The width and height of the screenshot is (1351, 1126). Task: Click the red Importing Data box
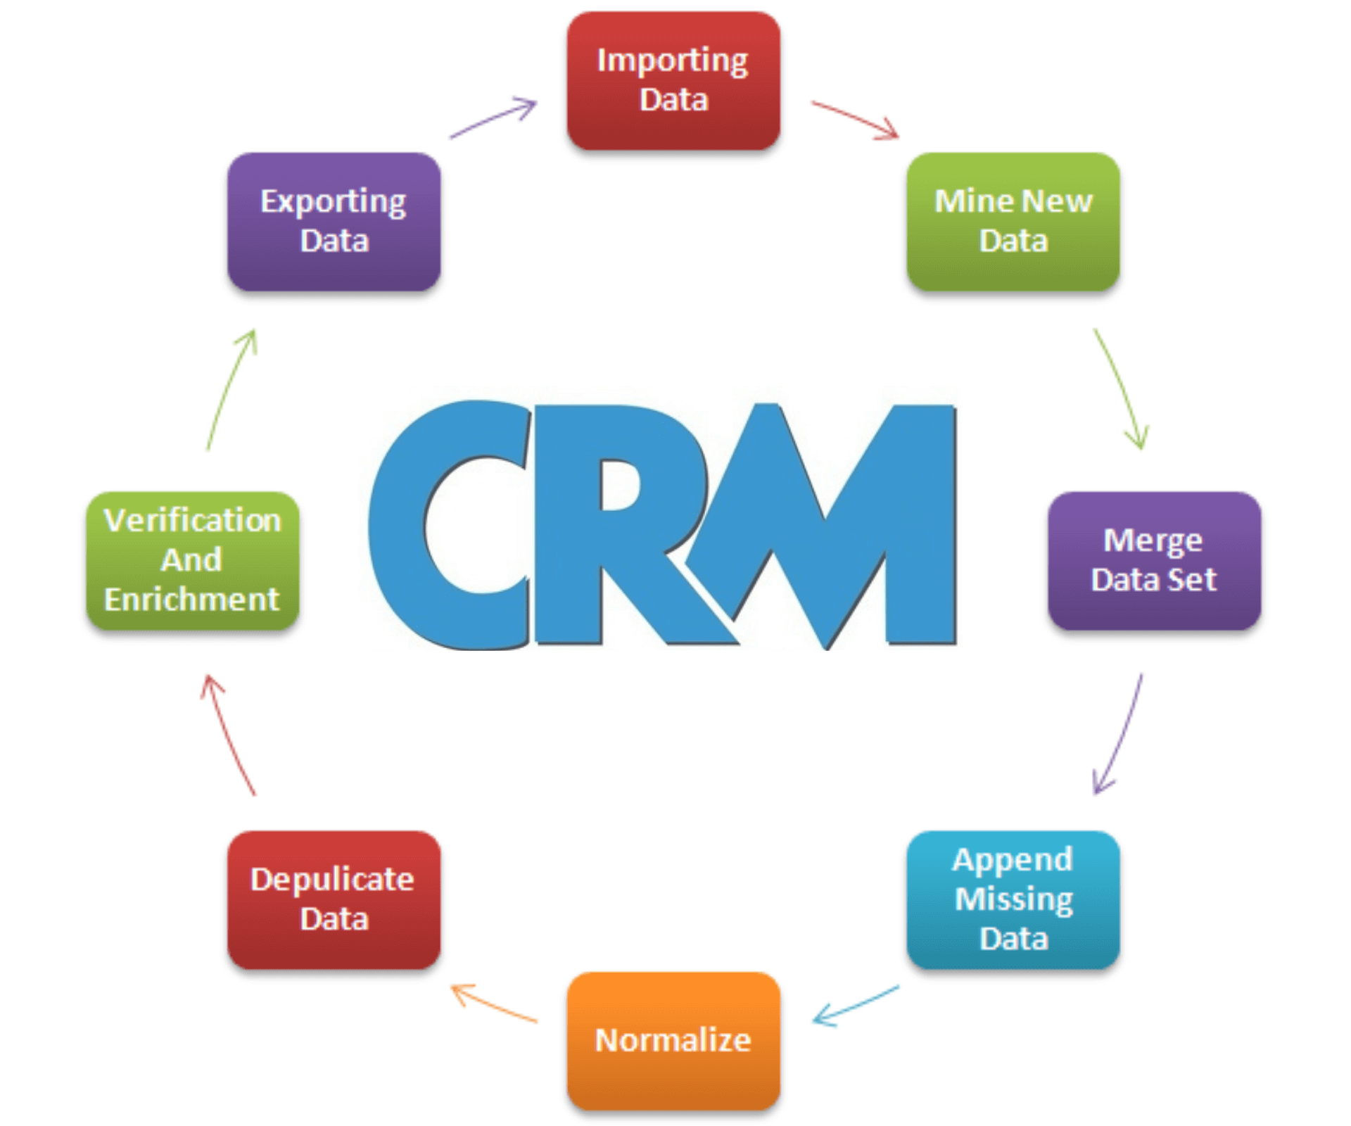pyautogui.click(x=673, y=80)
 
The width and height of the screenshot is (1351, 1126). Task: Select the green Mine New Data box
pyautogui.click(x=1013, y=222)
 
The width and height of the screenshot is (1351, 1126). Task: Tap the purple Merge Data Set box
pyautogui.click(x=1154, y=560)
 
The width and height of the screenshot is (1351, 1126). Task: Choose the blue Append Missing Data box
pyautogui.click(x=1013, y=899)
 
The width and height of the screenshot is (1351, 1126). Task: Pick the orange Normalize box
pyautogui.click(x=673, y=1040)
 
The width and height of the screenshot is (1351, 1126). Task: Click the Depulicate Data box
pyautogui.click(x=334, y=899)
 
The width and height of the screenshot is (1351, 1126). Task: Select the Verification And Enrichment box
pyautogui.click(x=192, y=560)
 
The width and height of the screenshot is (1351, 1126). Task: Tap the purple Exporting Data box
pyautogui.click(x=334, y=222)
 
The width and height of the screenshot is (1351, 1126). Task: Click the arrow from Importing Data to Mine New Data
pyautogui.click(x=855, y=120)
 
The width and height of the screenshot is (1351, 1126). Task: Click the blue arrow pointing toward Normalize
pyautogui.click(x=856, y=1005)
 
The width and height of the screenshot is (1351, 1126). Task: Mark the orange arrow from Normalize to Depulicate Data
pyautogui.click(x=493, y=1004)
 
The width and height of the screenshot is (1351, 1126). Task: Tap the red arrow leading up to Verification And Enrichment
pyautogui.click(x=229, y=735)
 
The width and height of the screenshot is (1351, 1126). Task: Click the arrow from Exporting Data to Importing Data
pyautogui.click(x=493, y=119)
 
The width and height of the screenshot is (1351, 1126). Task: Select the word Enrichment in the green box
pyautogui.click(x=191, y=600)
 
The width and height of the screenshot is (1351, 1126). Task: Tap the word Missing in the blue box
pyautogui.click(x=1013, y=899)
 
